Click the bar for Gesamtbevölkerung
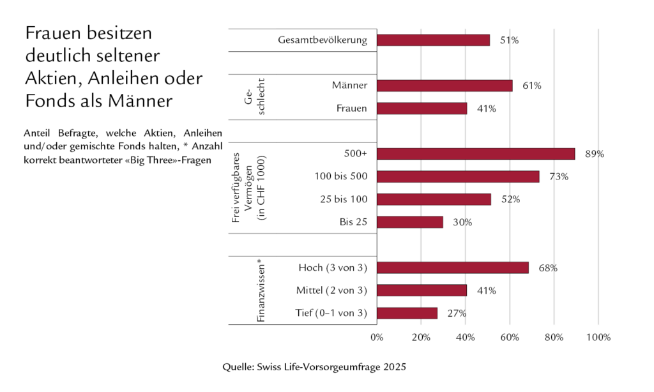coord(433,40)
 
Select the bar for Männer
coord(445,86)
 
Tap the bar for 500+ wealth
coord(475,154)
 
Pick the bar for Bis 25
coord(409,222)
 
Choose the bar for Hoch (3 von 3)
coord(452,268)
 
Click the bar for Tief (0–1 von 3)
coord(407,313)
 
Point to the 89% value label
coord(595,154)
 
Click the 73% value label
coord(559,177)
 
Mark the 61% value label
coord(531,86)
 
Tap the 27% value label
coord(457,313)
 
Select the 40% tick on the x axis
coord(465,336)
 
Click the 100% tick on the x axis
coord(598,336)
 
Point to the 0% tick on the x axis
coord(377,336)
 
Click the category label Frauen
coord(351,109)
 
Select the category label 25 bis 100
coord(344,199)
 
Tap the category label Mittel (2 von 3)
coord(331,290)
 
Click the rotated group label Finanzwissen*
coord(261,290)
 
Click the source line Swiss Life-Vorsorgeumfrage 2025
coord(314,367)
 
